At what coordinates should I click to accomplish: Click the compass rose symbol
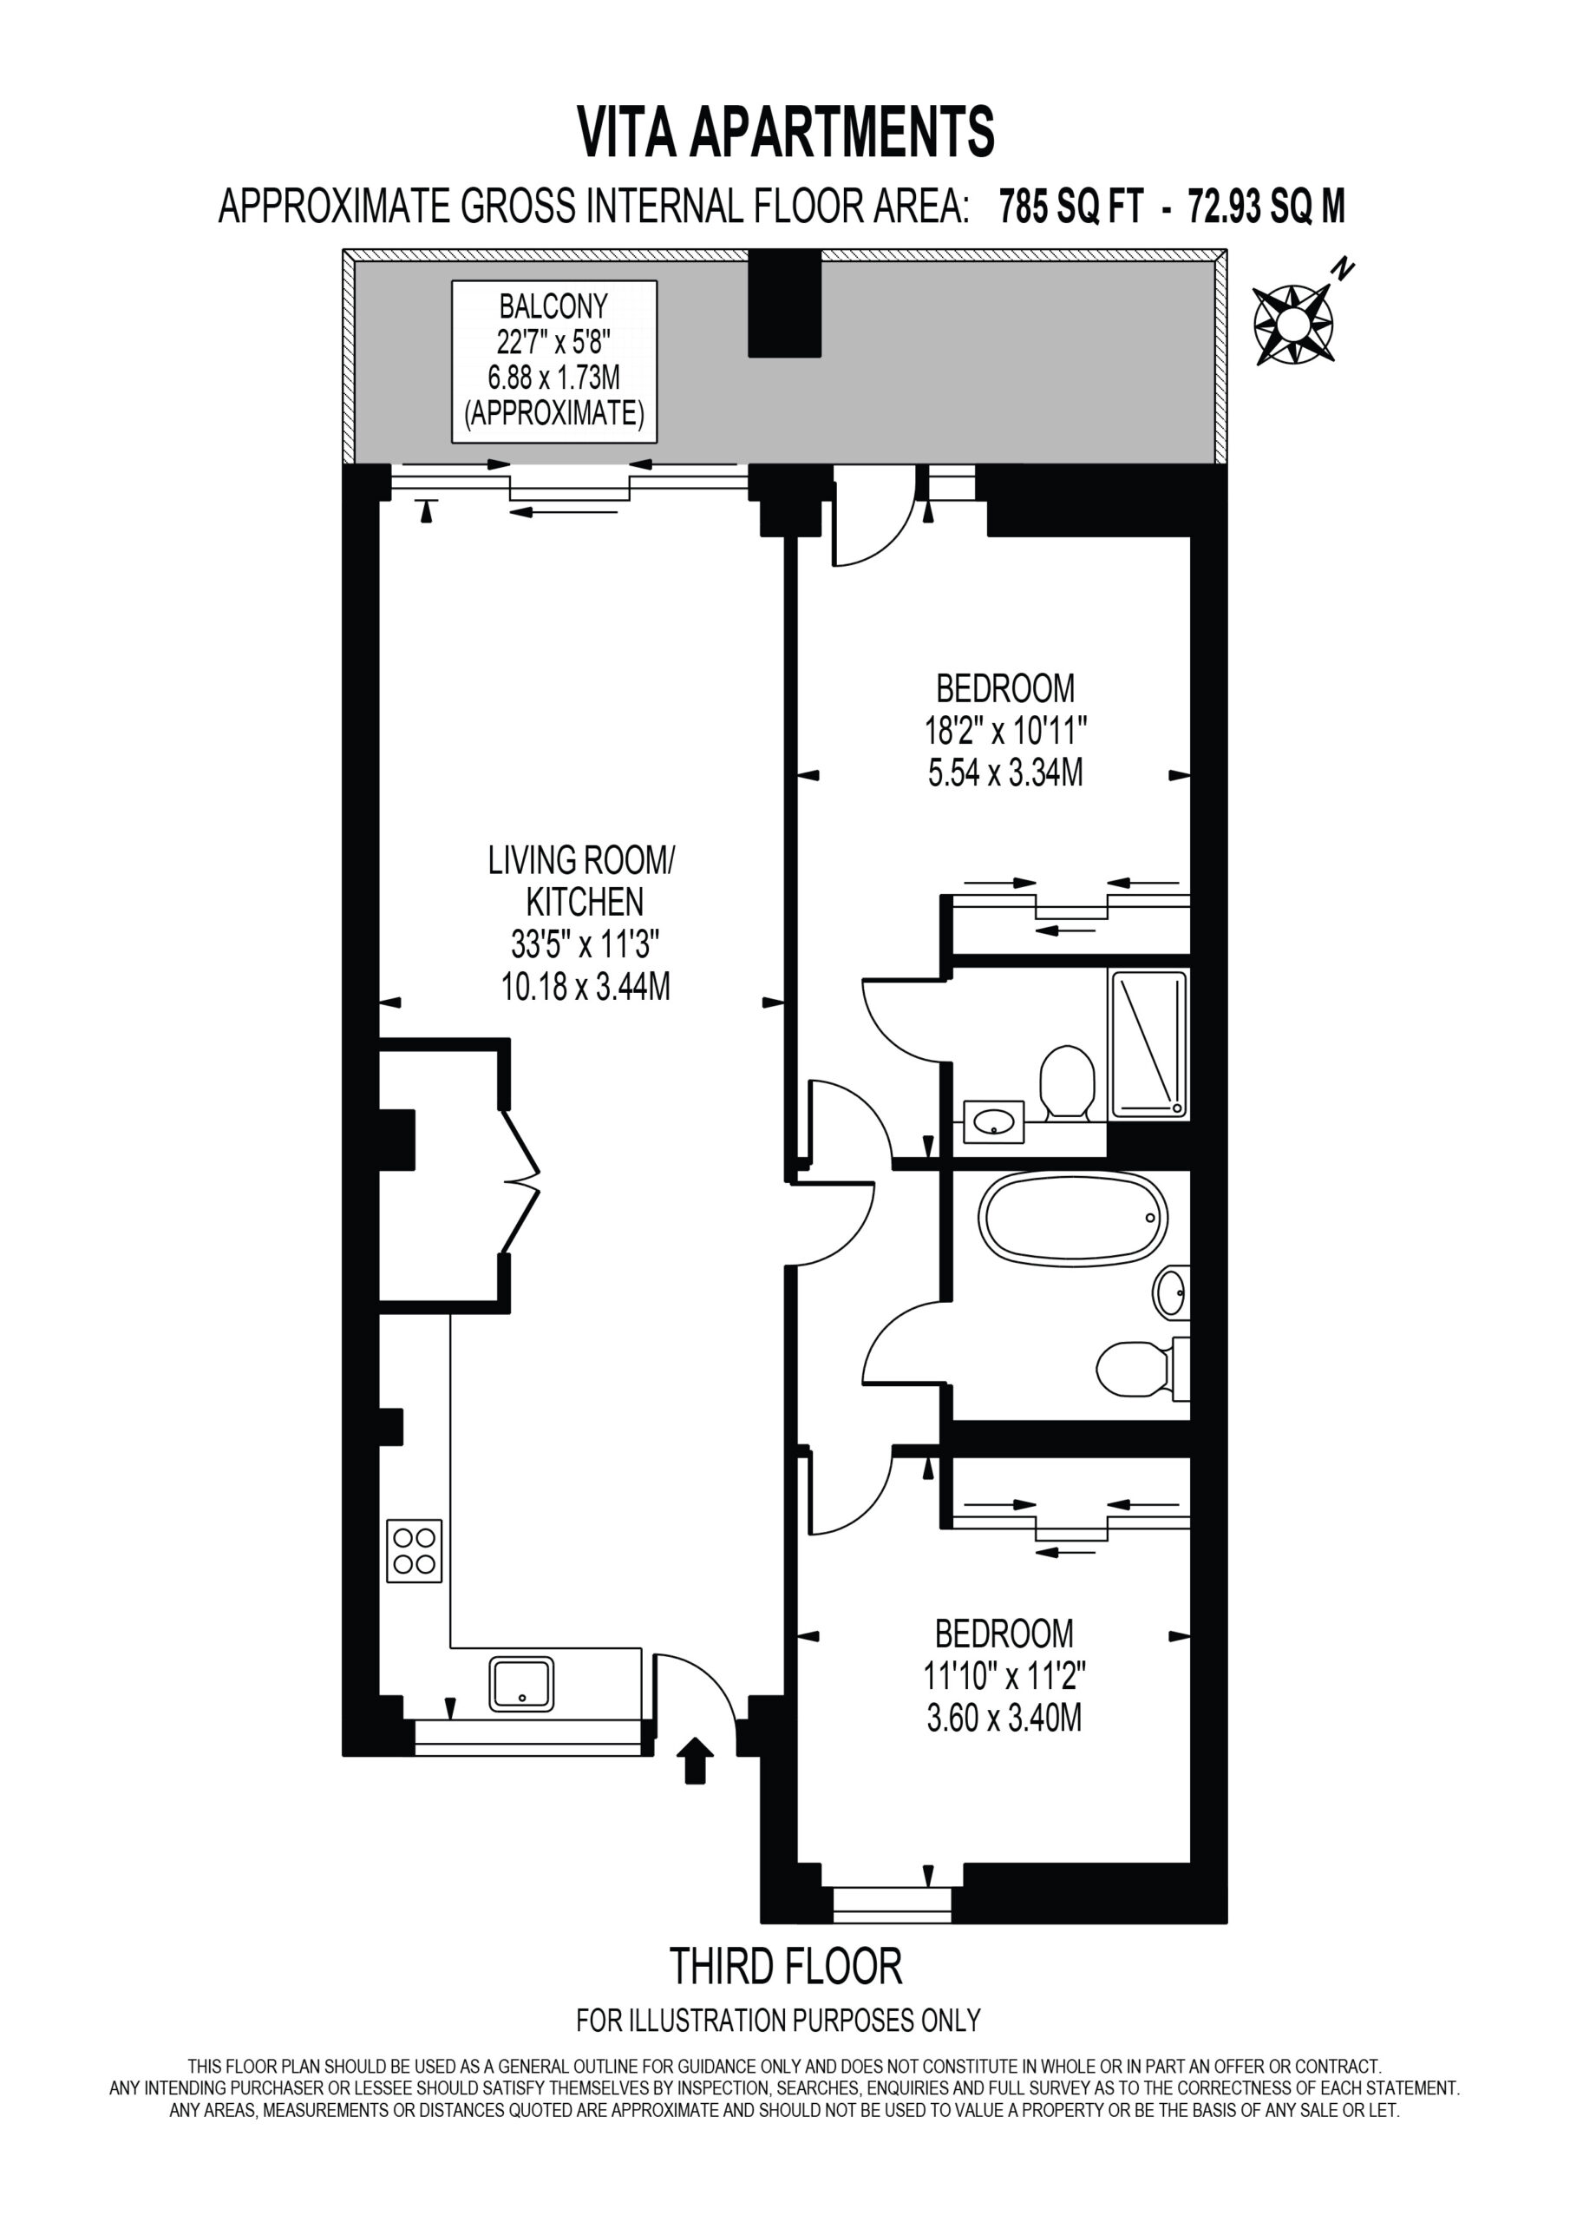pyautogui.click(x=1293, y=325)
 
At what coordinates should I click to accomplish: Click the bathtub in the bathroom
pyautogui.click(x=1073, y=1219)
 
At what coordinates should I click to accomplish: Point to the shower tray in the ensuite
pyautogui.click(x=1149, y=1044)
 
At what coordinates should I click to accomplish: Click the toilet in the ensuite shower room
pyautogui.click(x=1067, y=1084)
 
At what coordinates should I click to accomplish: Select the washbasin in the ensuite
pyautogui.click(x=993, y=1122)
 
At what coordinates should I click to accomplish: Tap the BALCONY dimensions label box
pyautogui.click(x=554, y=361)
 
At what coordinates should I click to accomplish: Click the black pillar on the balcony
pyautogui.click(x=784, y=302)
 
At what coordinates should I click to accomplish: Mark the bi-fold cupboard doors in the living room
pyautogui.click(x=520, y=1181)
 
